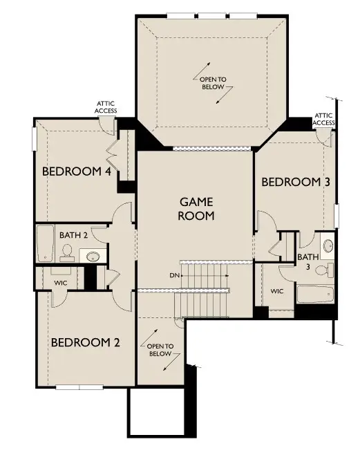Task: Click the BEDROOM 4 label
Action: point(77,171)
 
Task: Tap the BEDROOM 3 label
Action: point(295,182)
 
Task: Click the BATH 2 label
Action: point(73,235)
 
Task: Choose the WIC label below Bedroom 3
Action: point(277,291)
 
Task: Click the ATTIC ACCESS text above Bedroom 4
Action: point(106,107)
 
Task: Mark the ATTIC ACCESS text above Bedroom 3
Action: point(323,119)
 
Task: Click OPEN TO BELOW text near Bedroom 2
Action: point(160,349)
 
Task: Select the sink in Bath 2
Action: point(93,257)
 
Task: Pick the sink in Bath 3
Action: point(328,245)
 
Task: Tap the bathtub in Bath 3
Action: point(314,295)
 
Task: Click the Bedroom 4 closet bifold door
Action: point(112,152)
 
